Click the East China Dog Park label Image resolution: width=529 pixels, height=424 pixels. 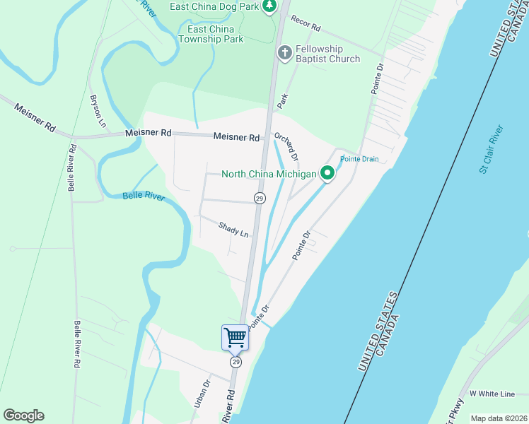[x=214, y=7]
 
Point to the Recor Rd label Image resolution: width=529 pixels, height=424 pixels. [x=306, y=26]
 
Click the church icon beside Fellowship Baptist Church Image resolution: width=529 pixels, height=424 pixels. [x=284, y=53]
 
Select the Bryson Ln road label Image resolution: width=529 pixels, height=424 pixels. [x=97, y=111]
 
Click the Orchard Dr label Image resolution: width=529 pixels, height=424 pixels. [x=287, y=146]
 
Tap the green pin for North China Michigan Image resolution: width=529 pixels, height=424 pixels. [x=327, y=173]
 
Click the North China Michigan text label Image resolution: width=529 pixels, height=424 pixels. [x=268, y=174]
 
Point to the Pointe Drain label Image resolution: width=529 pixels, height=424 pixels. [x=361, y=159]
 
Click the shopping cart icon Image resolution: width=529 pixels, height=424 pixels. [x=235, y=337]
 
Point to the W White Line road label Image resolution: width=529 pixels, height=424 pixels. [x=492, y=393]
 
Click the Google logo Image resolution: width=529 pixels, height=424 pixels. [x=23, y=415]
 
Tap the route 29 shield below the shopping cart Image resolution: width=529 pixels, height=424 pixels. [x=236, y=362]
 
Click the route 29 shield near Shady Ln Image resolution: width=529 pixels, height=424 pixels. [x=260, y=199]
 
